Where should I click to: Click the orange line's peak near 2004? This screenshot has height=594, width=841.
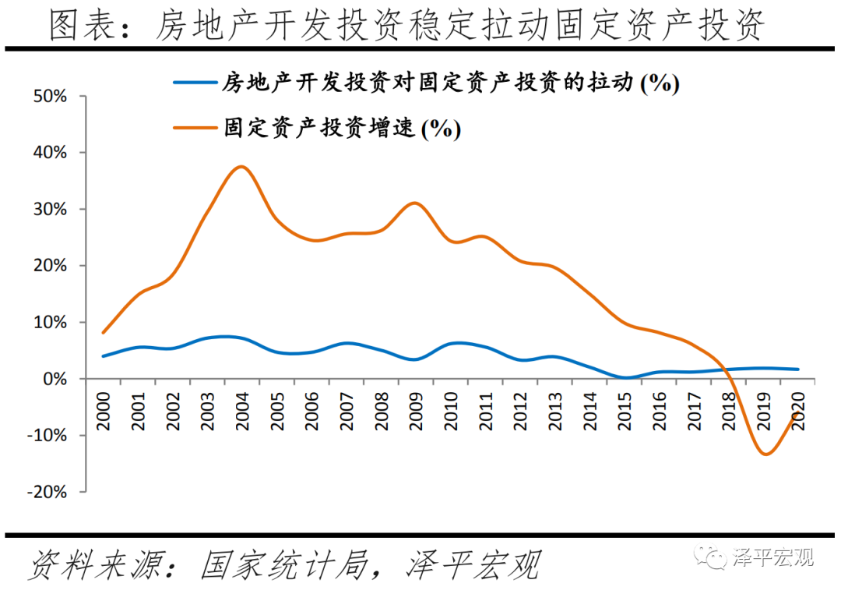point(241,167)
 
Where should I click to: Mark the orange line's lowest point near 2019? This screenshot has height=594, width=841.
point(765,454)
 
